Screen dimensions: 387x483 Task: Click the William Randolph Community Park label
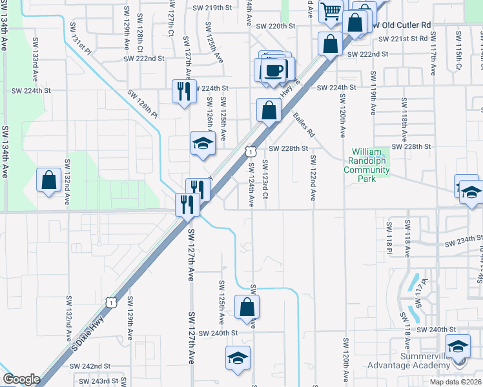(367, 165)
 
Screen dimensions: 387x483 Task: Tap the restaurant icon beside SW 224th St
(183, 91)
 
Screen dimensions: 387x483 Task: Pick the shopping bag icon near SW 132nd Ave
(49, 180)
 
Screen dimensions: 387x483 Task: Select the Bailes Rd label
(303, 125)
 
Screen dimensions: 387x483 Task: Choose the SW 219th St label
(212, 8)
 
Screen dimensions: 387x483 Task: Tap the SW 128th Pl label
(143, 103)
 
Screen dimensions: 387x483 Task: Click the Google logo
(21, 379)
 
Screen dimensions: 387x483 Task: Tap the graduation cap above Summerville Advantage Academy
(458, 348)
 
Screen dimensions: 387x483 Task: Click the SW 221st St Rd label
(403, 39)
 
